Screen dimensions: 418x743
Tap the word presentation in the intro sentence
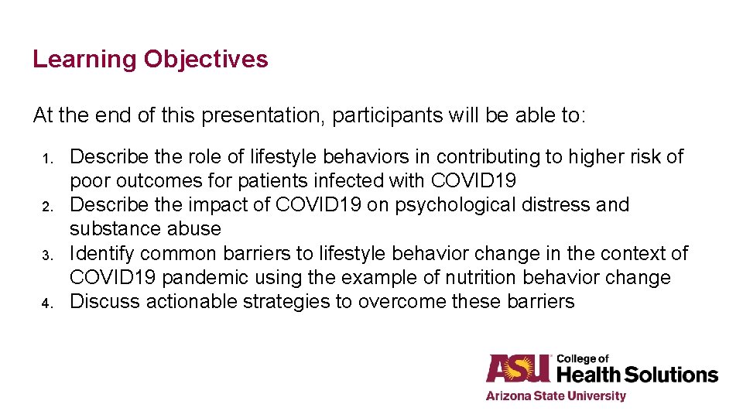point(263,116)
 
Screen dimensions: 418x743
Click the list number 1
point(46,159)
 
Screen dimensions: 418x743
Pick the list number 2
point(46,207)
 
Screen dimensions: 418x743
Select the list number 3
point(46,255)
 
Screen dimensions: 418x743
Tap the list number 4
point(46,303)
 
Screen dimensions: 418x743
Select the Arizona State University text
point(555,396)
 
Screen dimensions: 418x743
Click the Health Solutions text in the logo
point(637,375)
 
